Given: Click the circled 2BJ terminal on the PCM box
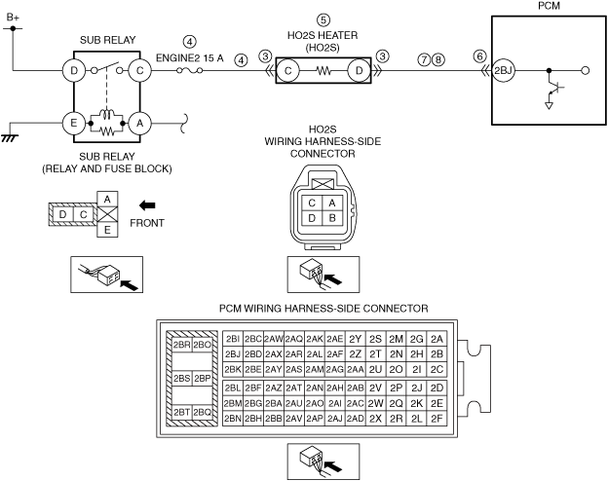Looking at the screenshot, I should [502, 70].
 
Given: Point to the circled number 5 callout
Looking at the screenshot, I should [323, 19].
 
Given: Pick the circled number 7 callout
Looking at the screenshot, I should [423, 58].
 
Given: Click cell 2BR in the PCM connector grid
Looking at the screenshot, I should [180, 345].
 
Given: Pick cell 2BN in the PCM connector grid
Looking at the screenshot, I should [232, 418].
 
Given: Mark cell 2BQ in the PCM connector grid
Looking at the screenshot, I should [203, 413].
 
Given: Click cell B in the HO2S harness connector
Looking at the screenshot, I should [332, 218].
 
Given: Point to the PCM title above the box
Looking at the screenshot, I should [549, 6].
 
